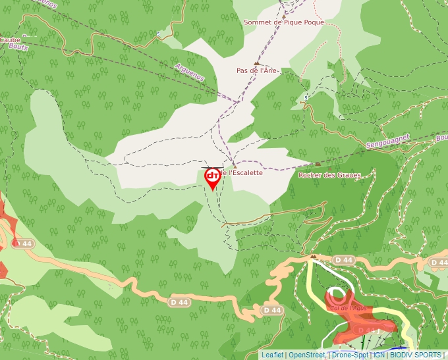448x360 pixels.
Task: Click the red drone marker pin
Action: (x=213, y=178)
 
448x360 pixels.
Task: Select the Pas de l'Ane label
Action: (x=258, y=70)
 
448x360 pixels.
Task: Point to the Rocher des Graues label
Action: (x=329, y=175)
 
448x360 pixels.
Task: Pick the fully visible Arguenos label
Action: (x=190, y=72)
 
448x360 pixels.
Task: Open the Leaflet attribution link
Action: (x=272, y=355)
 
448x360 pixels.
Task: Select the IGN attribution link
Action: (x=379, y=355)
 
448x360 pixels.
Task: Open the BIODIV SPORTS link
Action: (x=415, y=355)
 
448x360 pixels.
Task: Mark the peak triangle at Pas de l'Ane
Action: (x=257, y=63)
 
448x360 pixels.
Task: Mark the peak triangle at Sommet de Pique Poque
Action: (x=285, y=13)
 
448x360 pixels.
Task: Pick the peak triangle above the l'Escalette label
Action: (x=234, y=165)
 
